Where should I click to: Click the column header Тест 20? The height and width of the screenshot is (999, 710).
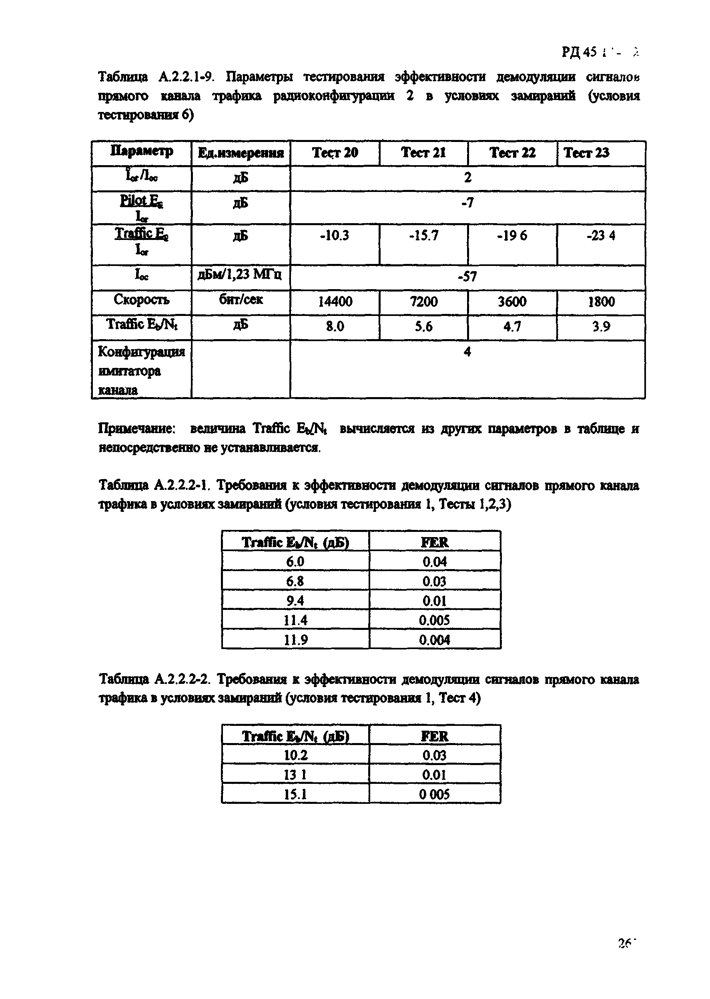335,152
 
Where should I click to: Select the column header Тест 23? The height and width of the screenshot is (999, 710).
586,152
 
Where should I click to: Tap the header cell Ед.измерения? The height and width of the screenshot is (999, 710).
241,153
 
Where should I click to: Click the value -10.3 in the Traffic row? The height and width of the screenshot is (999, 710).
335,236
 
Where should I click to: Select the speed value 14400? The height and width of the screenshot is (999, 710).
335,302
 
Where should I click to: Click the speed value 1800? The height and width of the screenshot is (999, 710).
601,302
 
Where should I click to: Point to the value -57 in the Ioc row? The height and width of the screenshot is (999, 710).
467,276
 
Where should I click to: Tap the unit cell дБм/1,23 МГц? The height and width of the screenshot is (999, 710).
240,274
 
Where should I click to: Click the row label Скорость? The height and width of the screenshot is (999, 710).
141,300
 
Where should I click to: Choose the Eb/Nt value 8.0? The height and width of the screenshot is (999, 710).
335,326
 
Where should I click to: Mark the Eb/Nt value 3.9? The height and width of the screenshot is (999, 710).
601,326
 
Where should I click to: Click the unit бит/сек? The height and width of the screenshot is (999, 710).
241,300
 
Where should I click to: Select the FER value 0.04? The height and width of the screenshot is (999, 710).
435,562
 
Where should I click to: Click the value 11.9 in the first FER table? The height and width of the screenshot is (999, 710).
295,640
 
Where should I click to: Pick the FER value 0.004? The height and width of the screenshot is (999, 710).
435,640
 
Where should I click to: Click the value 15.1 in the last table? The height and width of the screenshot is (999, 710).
295,794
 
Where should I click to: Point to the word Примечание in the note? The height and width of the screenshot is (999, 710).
137,429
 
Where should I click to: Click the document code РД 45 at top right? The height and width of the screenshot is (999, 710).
579,52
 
